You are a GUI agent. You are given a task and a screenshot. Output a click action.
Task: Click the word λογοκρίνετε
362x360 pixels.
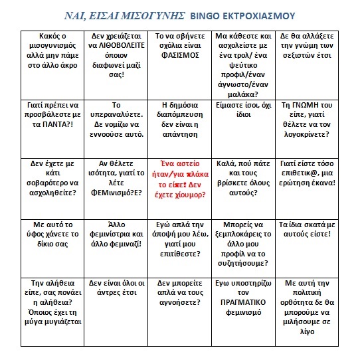[x=304, y=125]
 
